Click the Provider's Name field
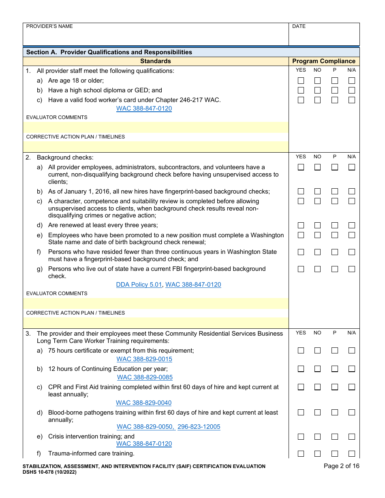(156, 36)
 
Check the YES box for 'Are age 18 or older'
(301, 81)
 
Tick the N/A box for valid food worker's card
(351, 100)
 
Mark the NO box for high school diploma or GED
(317, 90)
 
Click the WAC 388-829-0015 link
(144, 359)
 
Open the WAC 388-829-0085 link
(145, 377)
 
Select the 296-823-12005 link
(199, 427)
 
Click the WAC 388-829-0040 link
(143, 403)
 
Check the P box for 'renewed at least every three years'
(334, 226)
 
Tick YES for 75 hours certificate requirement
(301, 351)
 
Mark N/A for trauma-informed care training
(351, 454)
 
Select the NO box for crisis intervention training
(317, 437)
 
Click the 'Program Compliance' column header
(323, 61)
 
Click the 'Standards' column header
(156, 61)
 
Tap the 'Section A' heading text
(109, 52)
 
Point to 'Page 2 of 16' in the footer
(341, 466)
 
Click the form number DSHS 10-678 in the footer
(49, 472)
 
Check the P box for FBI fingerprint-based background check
(334, 269)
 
